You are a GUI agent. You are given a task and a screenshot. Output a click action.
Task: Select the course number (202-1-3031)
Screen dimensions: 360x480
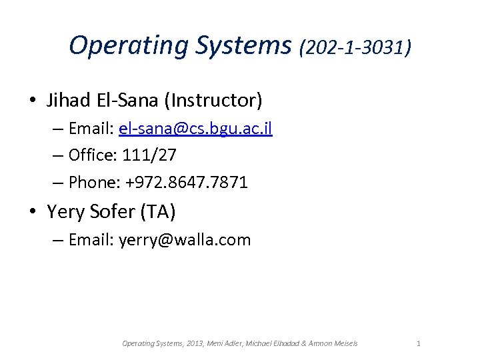click(355, 47)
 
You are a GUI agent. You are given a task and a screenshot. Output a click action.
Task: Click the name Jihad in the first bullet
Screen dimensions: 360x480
click(69, 100)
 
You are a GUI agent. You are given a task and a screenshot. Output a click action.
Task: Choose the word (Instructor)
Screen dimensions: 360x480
click(216, 100)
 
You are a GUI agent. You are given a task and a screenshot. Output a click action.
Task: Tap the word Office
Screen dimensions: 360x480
click(91, 155)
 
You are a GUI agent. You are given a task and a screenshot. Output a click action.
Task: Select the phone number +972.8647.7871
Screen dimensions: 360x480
click(189, 182)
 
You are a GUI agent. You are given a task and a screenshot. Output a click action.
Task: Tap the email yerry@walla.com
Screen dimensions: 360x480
click(185, 240)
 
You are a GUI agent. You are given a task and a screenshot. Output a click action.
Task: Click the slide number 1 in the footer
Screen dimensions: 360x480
click(418, 343)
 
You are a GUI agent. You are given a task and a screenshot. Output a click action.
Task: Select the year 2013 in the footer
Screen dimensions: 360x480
click(196, 343)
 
